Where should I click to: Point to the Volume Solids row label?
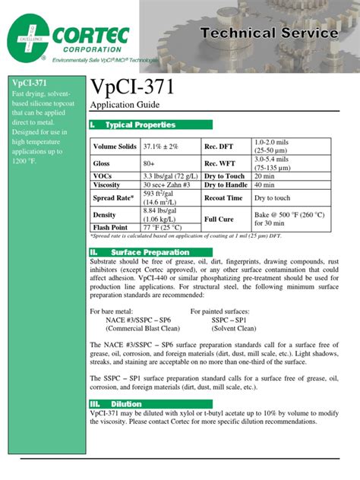[115, 146]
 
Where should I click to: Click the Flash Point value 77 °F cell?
[162, 226]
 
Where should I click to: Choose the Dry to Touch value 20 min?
[265, 176]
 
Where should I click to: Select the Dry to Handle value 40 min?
[265, 185]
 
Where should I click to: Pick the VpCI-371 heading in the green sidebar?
[26, 82]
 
